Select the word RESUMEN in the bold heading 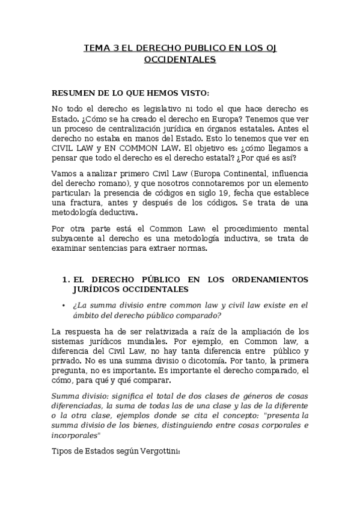pyautogui.click(x=74, y=93)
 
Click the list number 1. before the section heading pyautogui.click(x=66, y=280)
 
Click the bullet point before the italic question pyautogui.click(x=63, y=306)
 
